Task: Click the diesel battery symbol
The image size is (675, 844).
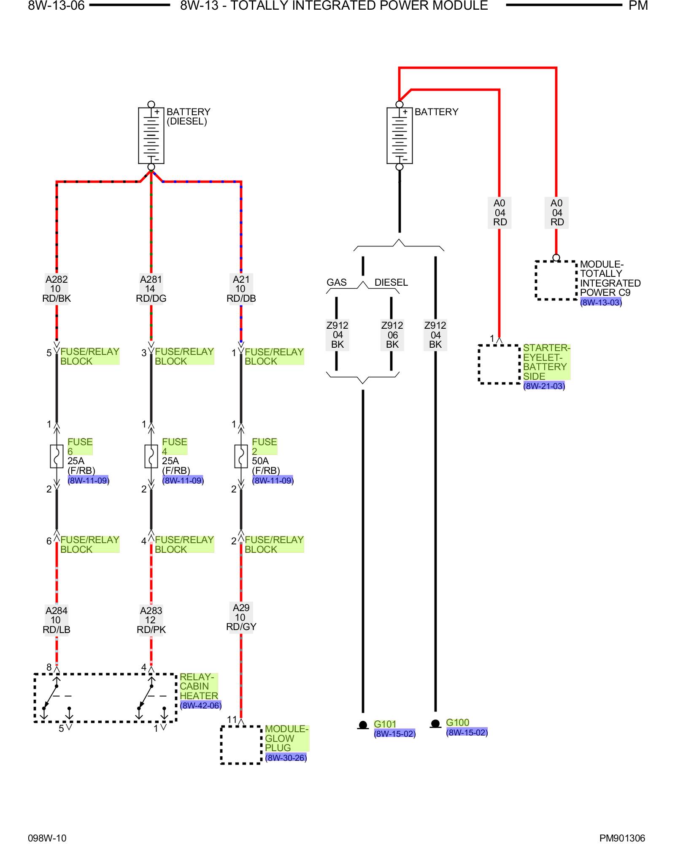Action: point(151,135)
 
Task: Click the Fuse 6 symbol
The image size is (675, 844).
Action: point(57,456)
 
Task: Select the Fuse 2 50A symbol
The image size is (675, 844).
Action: point(241,456)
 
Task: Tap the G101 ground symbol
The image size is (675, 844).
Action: point(363,725)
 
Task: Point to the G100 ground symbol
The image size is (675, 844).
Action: point(435,724)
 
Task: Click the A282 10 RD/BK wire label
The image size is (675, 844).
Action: point(57,289)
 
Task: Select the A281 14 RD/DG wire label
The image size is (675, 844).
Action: point(151,289)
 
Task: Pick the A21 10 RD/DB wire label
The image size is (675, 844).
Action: point(241,289)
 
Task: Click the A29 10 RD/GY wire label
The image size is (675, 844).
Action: point(241,617)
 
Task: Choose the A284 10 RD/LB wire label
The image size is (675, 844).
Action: point(57,620)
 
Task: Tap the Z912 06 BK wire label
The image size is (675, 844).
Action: point(392,335)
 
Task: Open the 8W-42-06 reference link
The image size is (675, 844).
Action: point(201,706)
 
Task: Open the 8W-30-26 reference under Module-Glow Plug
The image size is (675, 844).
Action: point(286,758)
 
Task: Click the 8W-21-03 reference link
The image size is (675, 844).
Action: point(544,386)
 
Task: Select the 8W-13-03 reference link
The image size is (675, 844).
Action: point(601,303)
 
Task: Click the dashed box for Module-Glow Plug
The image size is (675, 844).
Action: point(241,745)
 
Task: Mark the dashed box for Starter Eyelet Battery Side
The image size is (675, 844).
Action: point(499,364)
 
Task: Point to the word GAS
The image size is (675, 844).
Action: point(336,282)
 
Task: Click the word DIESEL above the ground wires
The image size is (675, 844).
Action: point(391,282)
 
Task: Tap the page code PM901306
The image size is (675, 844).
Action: point(622,838)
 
